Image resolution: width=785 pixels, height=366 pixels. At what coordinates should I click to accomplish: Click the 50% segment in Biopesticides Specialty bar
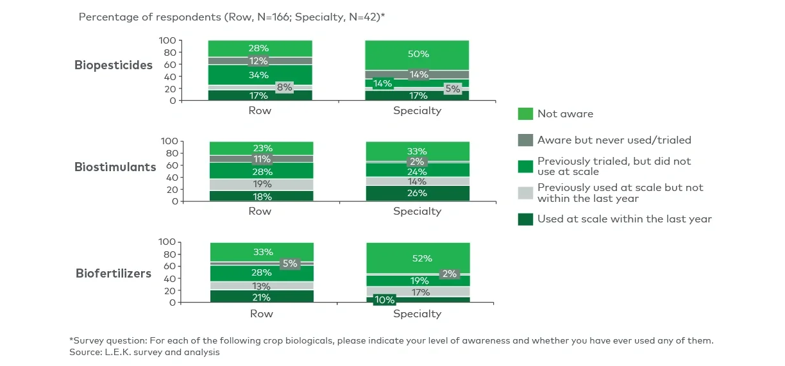pos(417,54)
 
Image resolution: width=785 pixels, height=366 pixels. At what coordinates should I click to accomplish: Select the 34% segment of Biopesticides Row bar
pos(260,74)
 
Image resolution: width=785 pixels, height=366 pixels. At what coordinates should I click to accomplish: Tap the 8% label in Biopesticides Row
pos(284,88)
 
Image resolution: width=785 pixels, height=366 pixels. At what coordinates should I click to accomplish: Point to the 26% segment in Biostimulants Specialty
pos(417,194)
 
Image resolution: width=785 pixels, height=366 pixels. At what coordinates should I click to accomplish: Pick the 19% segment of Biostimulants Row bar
pos(260,185)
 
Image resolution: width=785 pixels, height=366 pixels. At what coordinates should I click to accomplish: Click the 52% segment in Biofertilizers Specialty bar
pos(417,258)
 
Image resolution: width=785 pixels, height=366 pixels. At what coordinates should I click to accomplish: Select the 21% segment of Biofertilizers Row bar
pos(260,297)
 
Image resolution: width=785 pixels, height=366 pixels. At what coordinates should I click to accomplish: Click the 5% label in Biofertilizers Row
pos(290,263)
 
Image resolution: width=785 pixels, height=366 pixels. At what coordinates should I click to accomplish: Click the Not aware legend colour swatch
pos(525,114)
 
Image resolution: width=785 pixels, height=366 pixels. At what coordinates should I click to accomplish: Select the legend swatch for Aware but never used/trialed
pos(525,140)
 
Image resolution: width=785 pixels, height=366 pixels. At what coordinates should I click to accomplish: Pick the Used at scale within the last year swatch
pos(525,219)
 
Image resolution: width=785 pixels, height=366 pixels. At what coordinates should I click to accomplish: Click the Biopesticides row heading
pos(114,65)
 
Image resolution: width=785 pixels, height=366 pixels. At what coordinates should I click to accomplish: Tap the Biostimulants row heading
pos(115,167)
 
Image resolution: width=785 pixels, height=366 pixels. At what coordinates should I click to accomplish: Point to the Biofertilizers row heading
pos(114,274)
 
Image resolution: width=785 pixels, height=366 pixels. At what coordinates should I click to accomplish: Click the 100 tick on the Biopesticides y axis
pos(167,40)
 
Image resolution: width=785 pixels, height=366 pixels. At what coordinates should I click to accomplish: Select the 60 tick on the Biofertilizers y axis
pos(170,267)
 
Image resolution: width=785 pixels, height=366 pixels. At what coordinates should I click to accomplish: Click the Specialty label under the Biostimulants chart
pos(417,212)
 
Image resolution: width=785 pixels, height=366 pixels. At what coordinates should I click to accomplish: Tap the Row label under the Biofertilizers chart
pos(260,314)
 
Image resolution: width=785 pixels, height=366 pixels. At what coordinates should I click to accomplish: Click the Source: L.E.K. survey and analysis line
pos(144,353)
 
